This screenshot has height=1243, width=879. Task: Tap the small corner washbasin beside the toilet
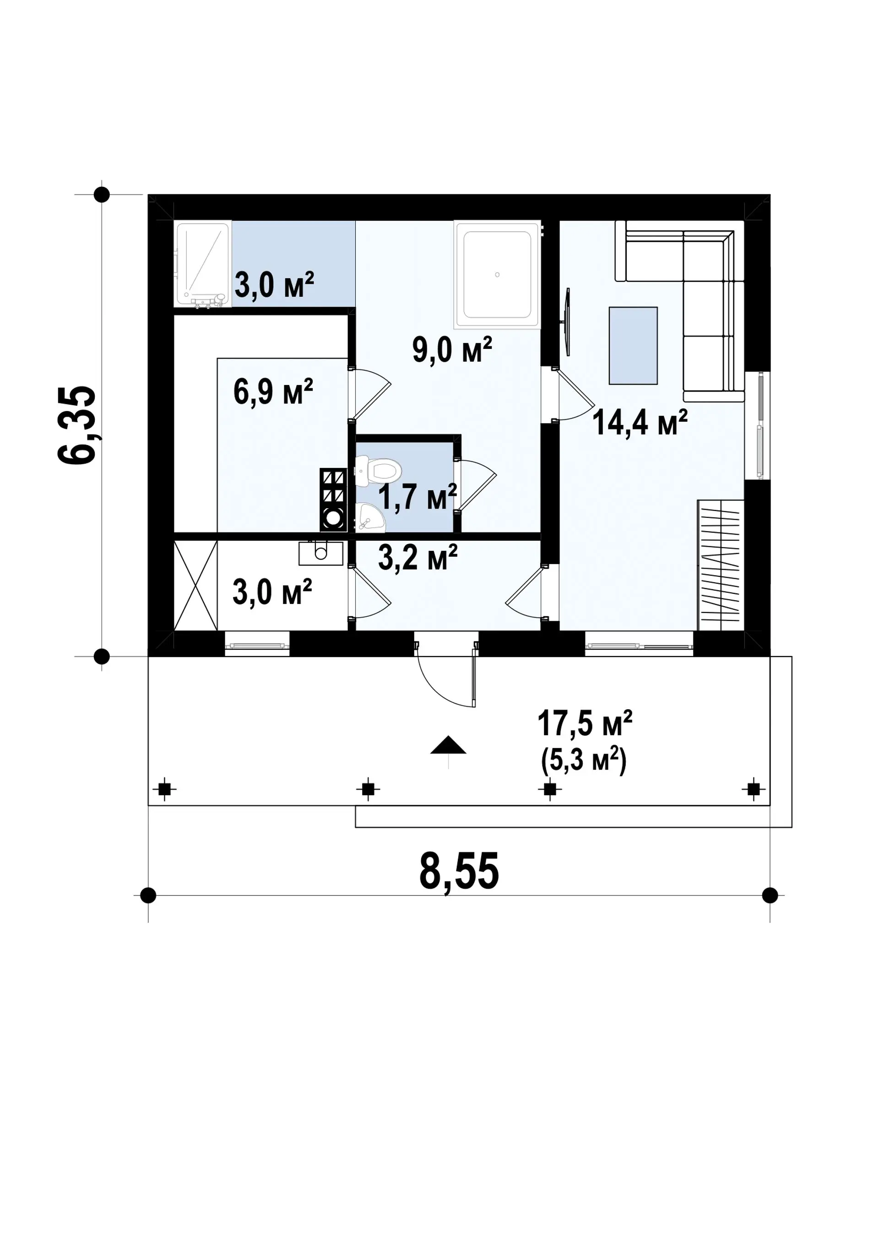point(370,516)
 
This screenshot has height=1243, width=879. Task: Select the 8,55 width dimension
point(459,871)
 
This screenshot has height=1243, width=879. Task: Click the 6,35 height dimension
point(77,424)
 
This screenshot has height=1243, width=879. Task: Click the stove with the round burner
point(333,499)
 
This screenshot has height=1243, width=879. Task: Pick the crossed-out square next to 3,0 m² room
point(195,586)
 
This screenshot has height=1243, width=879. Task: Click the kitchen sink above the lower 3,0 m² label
point(321,552)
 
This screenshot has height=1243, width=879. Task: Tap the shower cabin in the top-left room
point(202,264)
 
